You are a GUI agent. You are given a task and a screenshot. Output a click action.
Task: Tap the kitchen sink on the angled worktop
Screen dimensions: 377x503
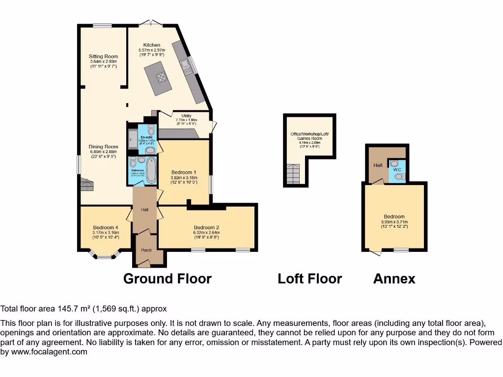pos(186,64)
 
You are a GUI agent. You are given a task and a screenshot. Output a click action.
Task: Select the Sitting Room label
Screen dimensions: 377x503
pos(103,56)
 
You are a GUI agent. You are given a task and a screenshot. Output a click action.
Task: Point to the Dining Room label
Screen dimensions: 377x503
pos(103,146)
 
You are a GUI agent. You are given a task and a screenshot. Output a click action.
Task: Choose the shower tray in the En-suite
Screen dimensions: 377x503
pos(133,139)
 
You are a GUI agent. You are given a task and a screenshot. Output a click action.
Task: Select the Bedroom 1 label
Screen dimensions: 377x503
pos(184,172)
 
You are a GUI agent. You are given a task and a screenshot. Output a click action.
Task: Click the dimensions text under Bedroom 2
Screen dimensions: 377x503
pos(206,237)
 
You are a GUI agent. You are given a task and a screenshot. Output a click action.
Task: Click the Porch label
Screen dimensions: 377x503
pos(146,250)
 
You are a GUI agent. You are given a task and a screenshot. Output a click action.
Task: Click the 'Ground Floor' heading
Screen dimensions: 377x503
pos(167,279)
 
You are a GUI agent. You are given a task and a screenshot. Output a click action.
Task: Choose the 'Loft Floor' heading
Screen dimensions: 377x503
pos(309,279)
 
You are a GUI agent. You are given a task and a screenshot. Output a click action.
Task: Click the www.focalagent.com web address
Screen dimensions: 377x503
pos(49,351)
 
